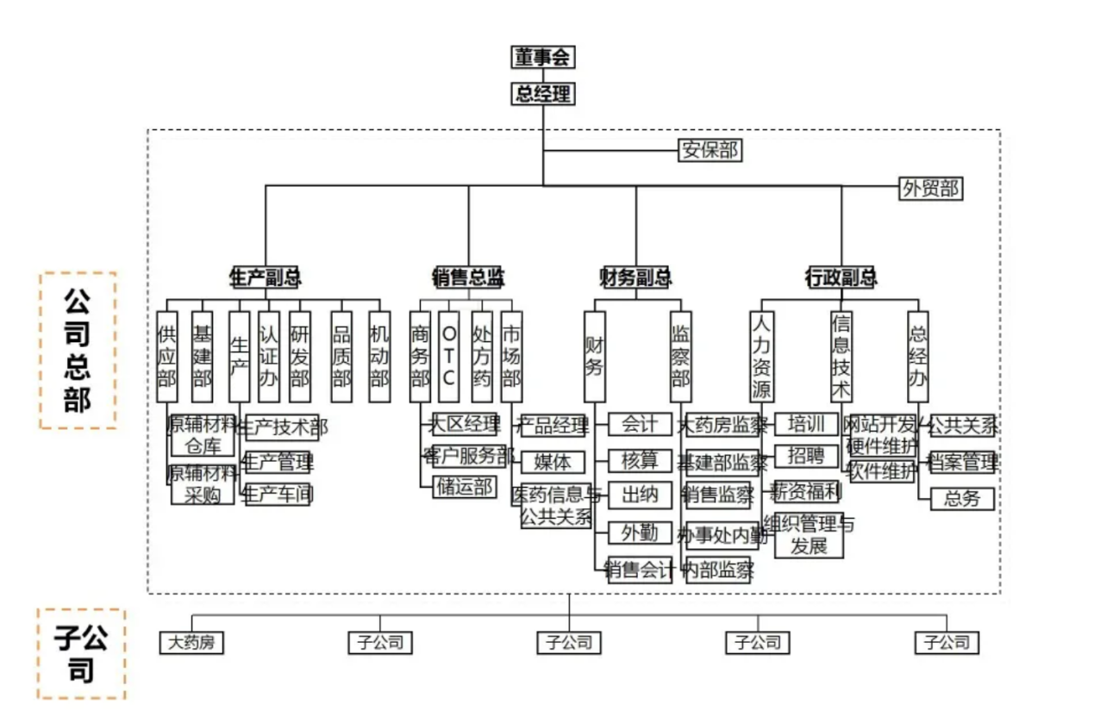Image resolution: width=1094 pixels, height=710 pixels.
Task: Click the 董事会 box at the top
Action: (543, 58)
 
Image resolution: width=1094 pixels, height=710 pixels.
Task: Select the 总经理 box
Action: (543, 93)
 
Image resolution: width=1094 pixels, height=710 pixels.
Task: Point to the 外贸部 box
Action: (930, 188)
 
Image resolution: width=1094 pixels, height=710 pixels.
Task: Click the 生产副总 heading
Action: (265, 277)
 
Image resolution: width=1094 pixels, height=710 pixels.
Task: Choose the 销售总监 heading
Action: (468, 277)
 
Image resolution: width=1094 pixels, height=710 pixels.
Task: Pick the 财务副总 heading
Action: (635, 277)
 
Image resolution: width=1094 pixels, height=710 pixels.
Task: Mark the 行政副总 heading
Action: (841, 277)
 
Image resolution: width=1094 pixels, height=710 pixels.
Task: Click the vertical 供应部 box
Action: (166, 356)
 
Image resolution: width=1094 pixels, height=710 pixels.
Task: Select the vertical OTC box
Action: (449, 356)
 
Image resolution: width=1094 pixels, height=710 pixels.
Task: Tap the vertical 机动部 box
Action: (379, 356)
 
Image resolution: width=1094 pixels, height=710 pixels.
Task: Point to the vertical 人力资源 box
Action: (761, 356)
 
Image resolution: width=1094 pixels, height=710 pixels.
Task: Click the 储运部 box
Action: (465, 487)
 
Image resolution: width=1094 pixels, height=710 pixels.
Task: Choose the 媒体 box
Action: (553, 461)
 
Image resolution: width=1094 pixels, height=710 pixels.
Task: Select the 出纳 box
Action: (640, 494)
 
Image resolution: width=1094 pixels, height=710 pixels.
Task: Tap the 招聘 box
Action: (806, 456)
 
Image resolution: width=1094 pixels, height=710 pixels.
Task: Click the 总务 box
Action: (962, 498)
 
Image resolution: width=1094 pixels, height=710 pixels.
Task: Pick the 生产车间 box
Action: (278, 494)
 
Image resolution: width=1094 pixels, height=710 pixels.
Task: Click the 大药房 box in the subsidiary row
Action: (191, 642)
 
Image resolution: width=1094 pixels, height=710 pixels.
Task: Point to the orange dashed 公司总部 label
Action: (78, 351)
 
